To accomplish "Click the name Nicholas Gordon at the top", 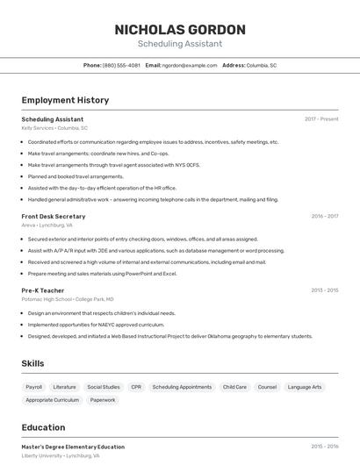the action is (180, 30).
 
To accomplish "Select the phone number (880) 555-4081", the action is (121, 65).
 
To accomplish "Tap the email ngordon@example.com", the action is (190, 65).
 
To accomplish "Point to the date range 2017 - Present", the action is (321, 119).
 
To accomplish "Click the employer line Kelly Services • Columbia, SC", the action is (54, 128).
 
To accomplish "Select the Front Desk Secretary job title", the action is (54, 216).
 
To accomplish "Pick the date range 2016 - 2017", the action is (324, 216).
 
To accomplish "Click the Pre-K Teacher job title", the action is (43, 290).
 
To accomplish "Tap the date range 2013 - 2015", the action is (324, 290).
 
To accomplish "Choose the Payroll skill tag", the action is (34, 387).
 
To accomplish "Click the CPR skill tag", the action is (136, 387).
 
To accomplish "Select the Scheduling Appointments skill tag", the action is (182, 387).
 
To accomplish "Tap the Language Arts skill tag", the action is (305, 387).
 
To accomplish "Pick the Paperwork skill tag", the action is (103, 400).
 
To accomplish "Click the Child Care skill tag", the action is (234, 387).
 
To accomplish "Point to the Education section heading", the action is (43, 427).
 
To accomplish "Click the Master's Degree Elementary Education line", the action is (73, 447).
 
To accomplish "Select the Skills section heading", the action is (32, 363).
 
